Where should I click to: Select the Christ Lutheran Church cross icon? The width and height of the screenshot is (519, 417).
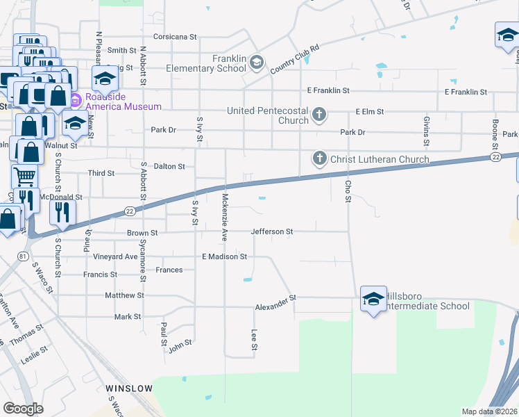tap(320, 159)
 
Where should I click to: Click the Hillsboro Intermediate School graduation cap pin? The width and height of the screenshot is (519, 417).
tap(373, 300)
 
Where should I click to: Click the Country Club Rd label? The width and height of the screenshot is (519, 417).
tap(294, 59)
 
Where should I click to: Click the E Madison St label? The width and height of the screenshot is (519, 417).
tap(224, 256)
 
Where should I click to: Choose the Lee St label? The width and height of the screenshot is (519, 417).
tap(255, 339)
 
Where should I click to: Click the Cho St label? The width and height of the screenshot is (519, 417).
tap(348, 189)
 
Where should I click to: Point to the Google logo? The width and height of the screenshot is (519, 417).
tap(23, 409)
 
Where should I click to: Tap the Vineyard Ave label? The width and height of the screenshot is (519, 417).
tap(115, 256)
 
